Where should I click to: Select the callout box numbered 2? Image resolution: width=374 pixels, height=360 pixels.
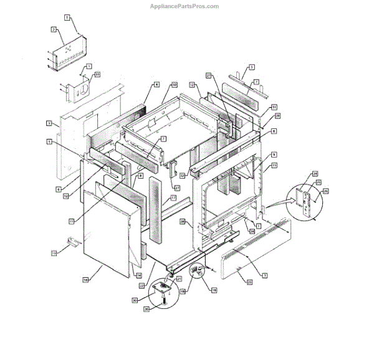54,29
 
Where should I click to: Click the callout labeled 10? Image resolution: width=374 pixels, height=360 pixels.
175,84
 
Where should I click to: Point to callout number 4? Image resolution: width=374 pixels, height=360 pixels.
157,84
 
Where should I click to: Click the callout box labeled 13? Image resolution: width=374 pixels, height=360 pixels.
54,252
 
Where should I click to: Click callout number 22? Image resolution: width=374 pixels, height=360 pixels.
143,286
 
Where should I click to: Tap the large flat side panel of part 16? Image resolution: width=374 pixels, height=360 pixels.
106,234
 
